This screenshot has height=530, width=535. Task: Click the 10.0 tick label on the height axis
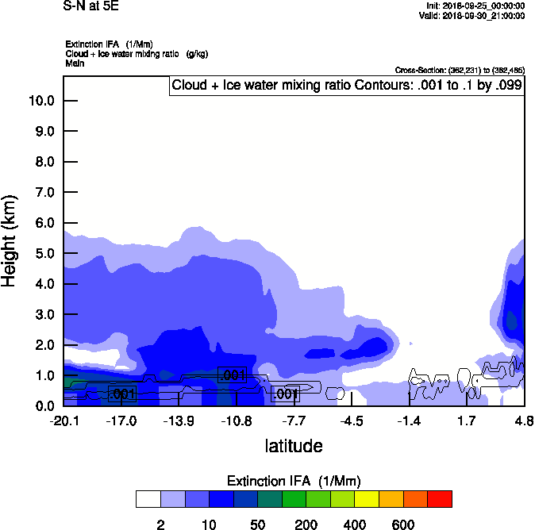40,101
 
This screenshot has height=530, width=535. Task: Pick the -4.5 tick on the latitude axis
352,421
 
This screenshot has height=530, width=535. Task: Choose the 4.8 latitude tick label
524,421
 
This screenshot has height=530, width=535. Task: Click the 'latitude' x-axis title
294,446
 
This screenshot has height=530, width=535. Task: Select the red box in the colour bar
440,499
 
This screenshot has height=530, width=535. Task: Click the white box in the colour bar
148,499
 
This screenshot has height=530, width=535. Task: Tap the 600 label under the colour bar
403,524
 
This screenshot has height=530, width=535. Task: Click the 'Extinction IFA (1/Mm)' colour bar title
294,482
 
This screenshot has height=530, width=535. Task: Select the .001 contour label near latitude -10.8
233,375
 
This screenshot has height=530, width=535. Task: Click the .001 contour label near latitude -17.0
122,394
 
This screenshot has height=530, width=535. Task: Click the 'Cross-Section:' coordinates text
459,71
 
